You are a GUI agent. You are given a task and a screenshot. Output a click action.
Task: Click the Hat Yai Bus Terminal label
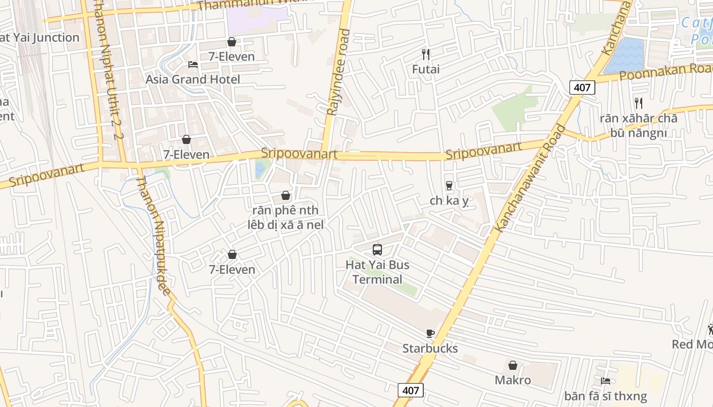pos(377,272)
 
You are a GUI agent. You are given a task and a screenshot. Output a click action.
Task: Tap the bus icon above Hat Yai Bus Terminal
pos(377,250)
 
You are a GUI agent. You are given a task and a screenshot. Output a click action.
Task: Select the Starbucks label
pos(430,348)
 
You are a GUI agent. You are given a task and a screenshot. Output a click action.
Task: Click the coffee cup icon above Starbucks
pos(430,334)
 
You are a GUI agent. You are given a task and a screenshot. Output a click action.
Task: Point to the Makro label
pos(513,380)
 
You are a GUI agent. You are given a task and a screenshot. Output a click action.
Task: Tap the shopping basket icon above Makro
pos(513,365)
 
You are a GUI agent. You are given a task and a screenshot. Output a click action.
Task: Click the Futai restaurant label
pos(426,69)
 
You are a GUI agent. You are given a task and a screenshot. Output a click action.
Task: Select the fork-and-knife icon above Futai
pos(426,53)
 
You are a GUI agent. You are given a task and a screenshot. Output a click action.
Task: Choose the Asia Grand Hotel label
pos(193,79)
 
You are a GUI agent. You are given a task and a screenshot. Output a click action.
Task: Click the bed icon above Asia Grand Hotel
pos(193,64)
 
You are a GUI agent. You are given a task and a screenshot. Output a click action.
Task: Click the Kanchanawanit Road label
pos(531,178)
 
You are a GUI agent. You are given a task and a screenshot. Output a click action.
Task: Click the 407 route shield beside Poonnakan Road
pos(582,88)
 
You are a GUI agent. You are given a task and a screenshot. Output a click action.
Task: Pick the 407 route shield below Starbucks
pos(410,390)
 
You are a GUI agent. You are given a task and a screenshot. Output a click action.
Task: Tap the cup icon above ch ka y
pos(449,186)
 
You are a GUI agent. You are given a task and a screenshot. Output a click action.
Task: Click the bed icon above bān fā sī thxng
pos(606,381)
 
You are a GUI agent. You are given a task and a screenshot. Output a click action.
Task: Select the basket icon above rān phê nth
pos(286,195)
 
